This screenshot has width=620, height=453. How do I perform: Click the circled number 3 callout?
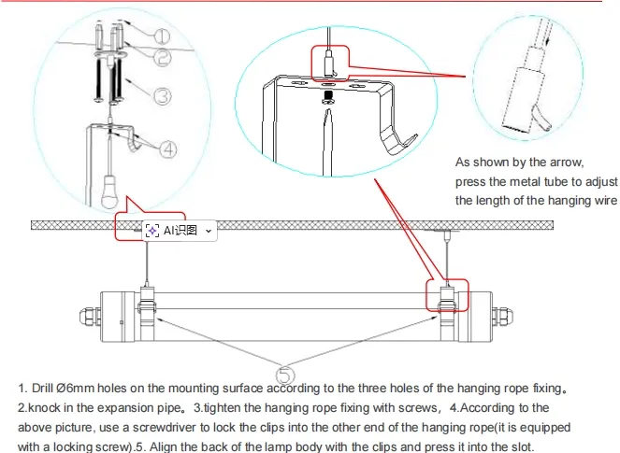coord(161,94)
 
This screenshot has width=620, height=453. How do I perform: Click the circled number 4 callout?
coord(167,147)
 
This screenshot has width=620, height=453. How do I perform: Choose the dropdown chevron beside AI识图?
coord(208,230)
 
